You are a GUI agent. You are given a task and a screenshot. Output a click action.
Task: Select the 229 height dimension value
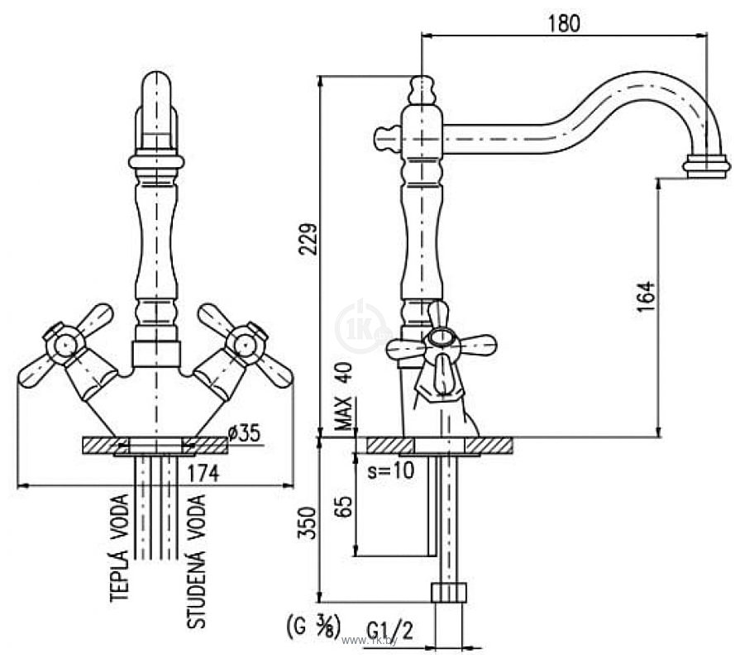[308, 239]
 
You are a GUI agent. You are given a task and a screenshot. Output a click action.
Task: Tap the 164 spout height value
[646, 296]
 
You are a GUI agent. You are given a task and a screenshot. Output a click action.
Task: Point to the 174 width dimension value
[203, 474]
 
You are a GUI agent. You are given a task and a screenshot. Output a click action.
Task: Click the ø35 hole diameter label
[244, 432]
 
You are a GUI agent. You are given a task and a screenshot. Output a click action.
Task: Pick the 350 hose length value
[307, 523]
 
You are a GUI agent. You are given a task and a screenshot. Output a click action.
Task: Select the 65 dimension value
[346, 507]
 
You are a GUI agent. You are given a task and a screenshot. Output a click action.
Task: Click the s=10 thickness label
[391, 470]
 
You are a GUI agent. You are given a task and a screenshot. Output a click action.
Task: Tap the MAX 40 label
[346, 396]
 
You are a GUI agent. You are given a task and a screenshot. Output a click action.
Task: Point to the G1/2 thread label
[389, 630]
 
